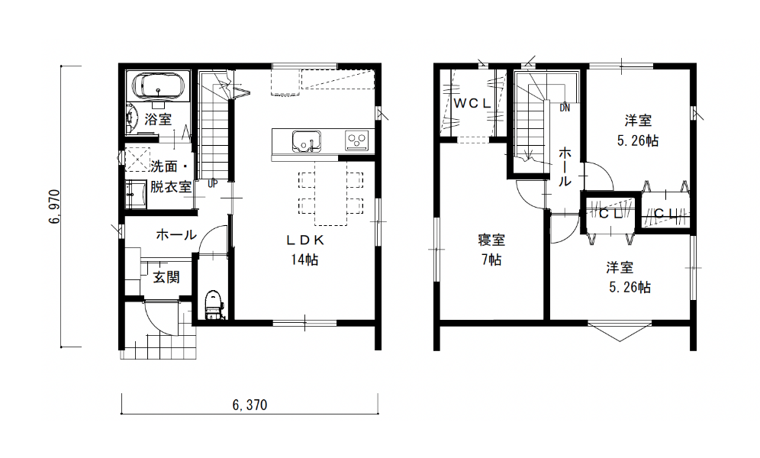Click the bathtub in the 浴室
pos(157,87)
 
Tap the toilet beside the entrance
pos(212,305)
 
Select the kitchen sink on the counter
pos(306,141)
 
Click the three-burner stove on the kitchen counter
pos(356,141)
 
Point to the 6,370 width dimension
pos(250,405)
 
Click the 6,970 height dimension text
pos(54,206)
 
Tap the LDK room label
pos(305,240)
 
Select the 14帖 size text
pos(304,260)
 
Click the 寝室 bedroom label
pos(491,240)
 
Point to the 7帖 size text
pos(491,260)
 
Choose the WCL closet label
pos(472,103)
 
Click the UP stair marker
pos(213,184)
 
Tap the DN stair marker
pos(565,108)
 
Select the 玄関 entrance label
pos(166,277)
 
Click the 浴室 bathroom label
pos(158,119)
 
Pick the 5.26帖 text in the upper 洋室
pos(637,140)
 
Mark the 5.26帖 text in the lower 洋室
pos(630,288)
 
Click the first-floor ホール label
pos(176,235)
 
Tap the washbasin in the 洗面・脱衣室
pos(136,195)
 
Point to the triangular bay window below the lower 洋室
pos(620,332)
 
